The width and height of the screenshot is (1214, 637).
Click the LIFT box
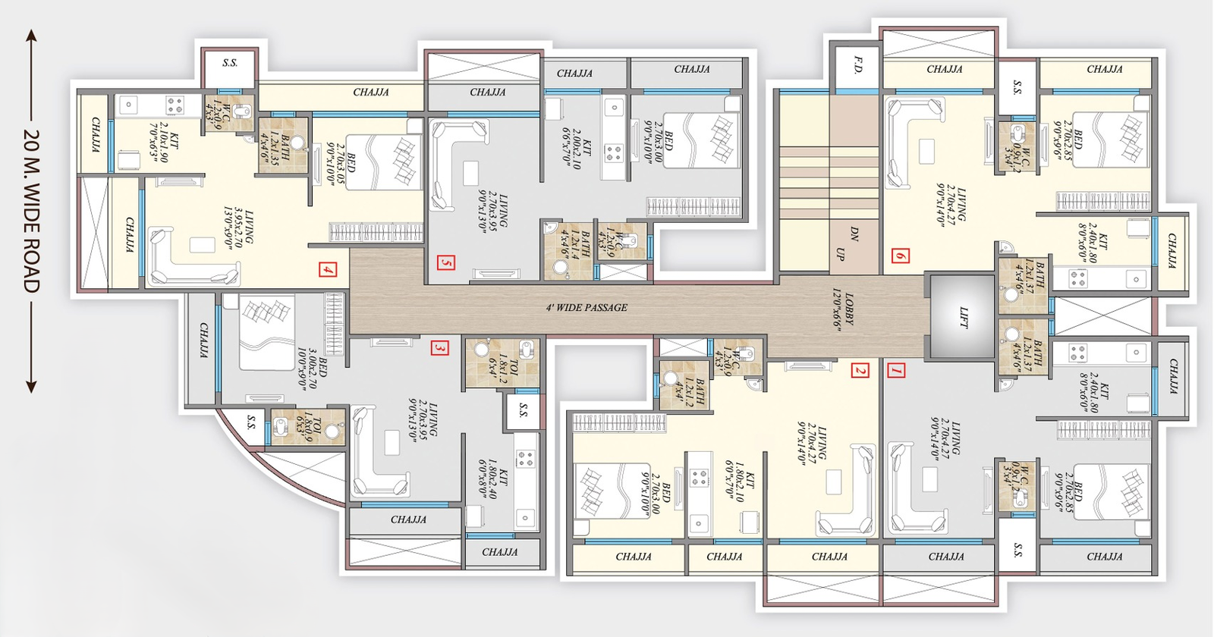(x=962, y=317)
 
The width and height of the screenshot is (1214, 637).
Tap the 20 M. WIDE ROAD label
(x=31, y=211)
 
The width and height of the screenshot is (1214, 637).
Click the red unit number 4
(x=328, y=269)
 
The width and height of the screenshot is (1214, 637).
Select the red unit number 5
(x=446, y=262)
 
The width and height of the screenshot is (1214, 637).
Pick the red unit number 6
(x=901, y=256)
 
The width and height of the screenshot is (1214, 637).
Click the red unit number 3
(x=439, y=348)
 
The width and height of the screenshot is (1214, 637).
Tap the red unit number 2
(x=860, y=371)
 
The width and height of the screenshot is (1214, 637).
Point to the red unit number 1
(x=896, y=371)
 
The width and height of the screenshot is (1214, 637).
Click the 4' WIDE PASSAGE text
(x=587, y=308)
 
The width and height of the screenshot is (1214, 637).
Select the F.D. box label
(x=857, y=65)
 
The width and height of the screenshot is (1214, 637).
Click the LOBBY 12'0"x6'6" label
(x=843, y=309)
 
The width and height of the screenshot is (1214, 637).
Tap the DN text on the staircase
(x=854, y=235)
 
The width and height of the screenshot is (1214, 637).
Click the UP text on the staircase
(x=839, y=254)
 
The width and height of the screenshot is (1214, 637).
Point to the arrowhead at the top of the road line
(x=31, y=35)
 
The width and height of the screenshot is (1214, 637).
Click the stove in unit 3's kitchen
(x=525, y=457)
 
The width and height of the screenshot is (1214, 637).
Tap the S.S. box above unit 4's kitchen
(x=230, y=63)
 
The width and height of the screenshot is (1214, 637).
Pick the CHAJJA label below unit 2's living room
(x=829, y=557)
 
